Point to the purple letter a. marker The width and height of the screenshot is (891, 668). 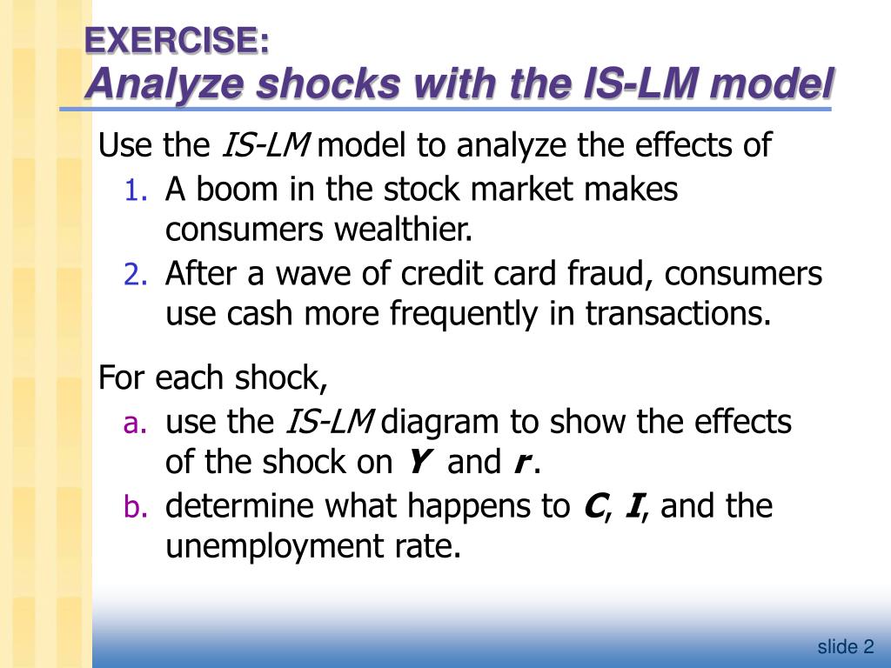point(135,424)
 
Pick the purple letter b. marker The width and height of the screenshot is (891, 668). point(136,506)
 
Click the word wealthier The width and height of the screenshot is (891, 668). point(404,230)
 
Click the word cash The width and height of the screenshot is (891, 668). point(259,313)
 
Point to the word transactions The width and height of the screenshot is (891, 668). point(679,313)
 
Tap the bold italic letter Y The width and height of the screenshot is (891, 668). point(418,462)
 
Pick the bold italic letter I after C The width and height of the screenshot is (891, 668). point(633,505)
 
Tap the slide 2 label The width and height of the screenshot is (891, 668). point(846,646)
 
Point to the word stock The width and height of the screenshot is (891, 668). point(421,189)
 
